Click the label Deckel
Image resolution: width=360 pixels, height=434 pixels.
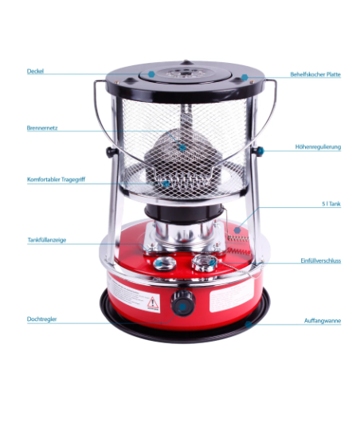coord(35,71)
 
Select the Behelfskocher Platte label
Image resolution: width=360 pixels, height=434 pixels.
coord(315,76)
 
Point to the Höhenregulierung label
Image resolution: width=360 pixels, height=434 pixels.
coord(317,147)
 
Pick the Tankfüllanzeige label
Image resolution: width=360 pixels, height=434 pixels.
coord(45,238)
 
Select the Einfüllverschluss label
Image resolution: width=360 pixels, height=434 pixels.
coord(321,260)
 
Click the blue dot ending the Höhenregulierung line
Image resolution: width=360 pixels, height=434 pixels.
coord(257,150)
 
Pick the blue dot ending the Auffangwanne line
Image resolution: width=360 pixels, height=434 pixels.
coord(248,323)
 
